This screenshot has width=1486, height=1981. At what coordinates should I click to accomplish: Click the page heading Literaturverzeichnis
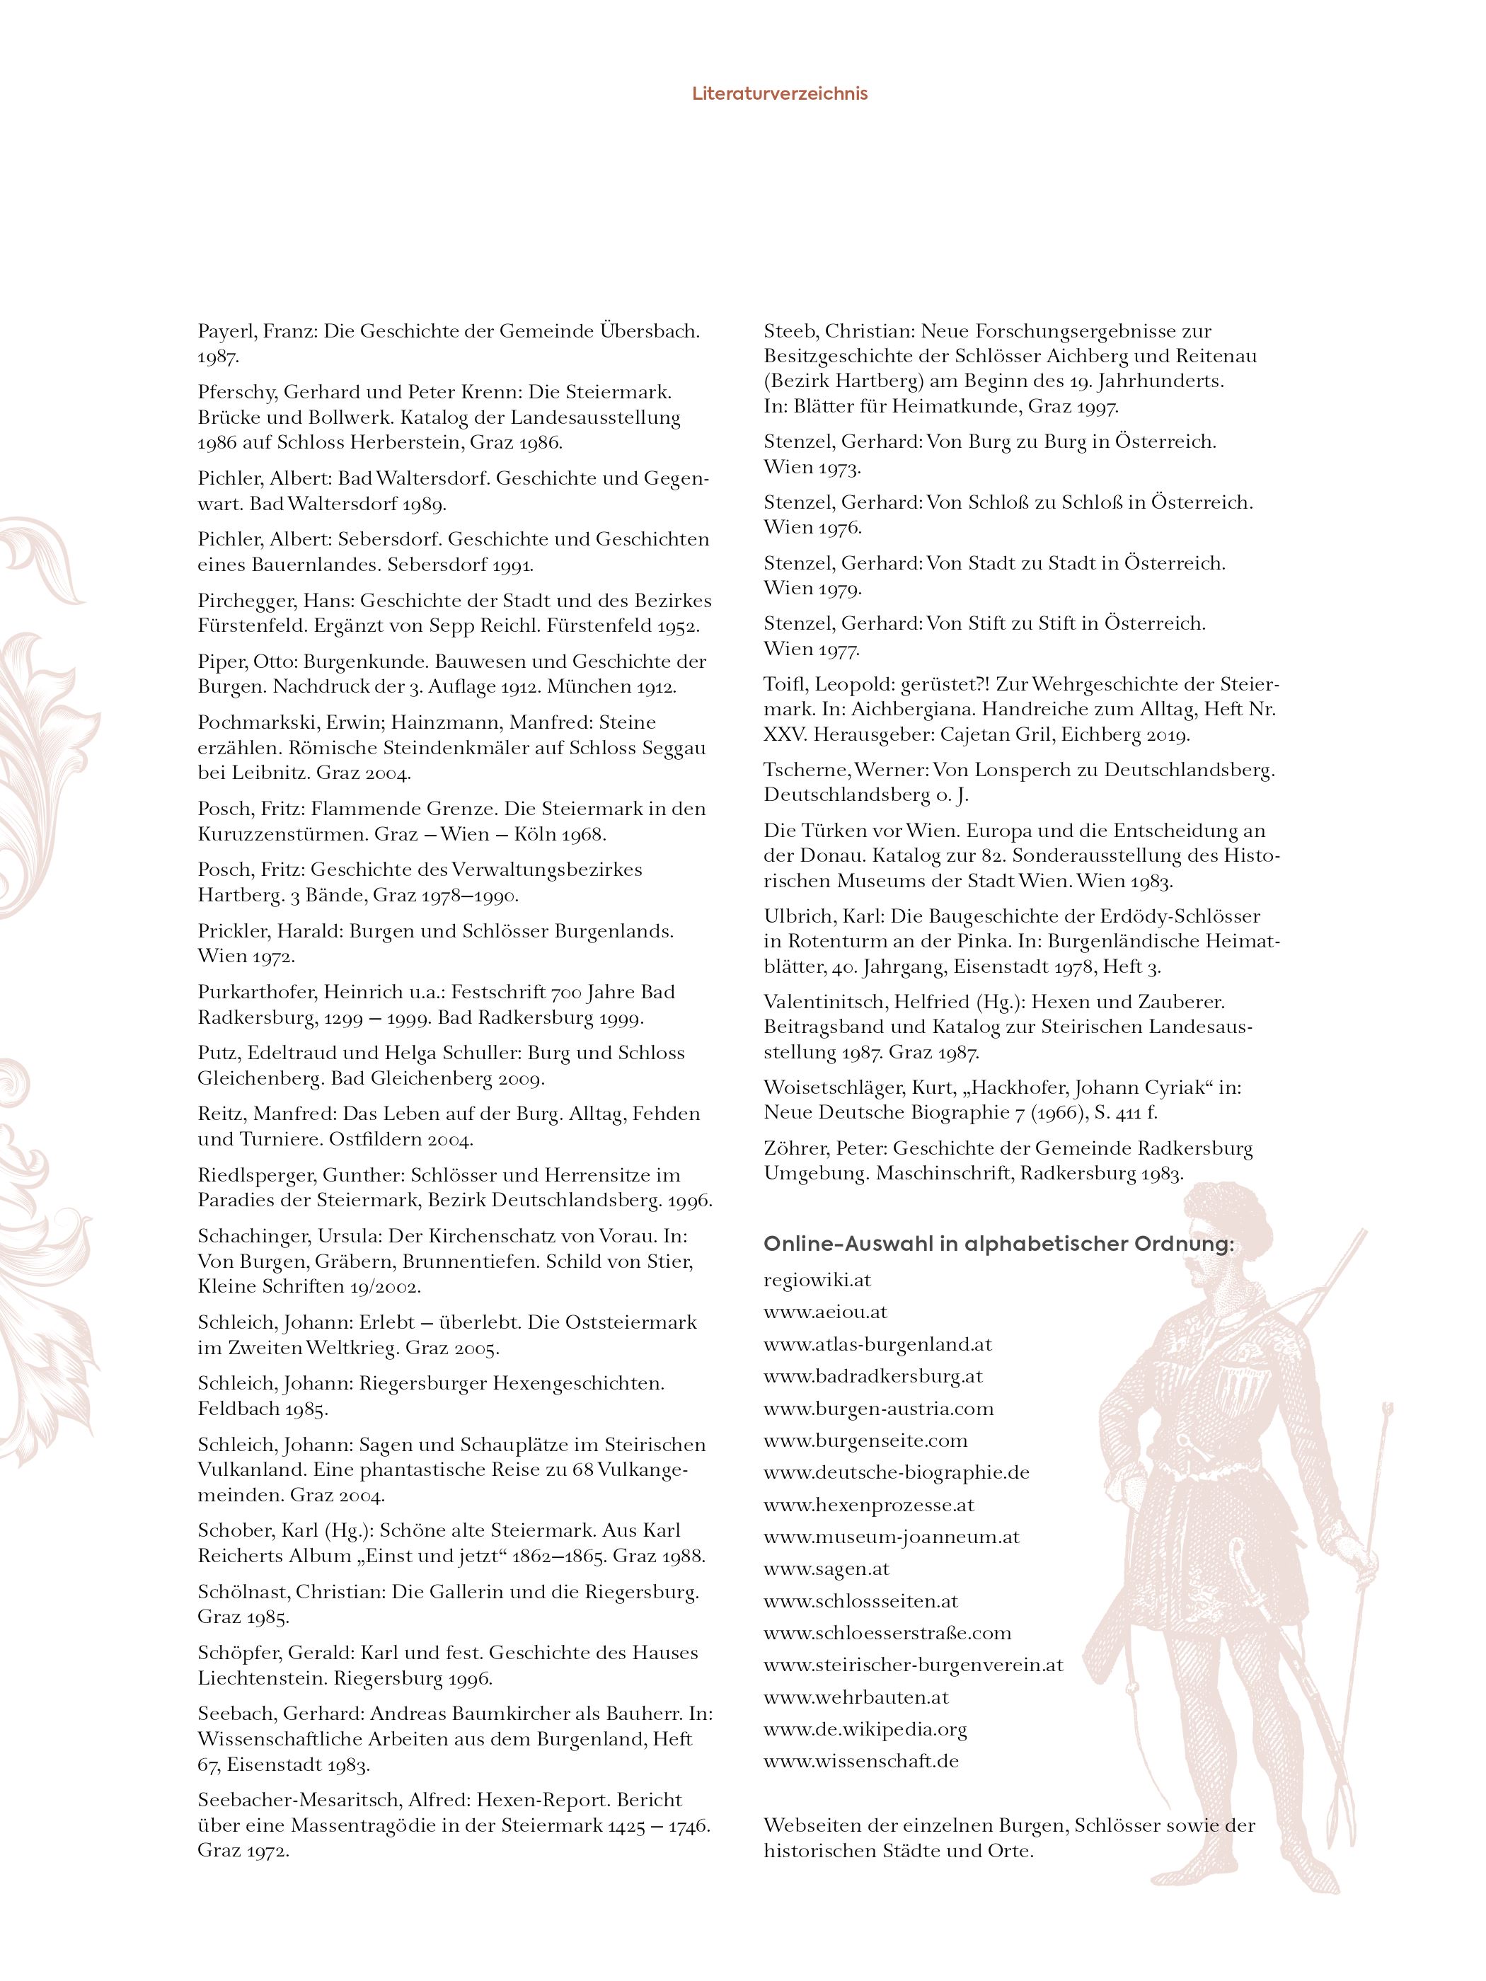[x=779, y=93]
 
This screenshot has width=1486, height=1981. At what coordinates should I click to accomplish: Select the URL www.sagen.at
[x=826, y=1568]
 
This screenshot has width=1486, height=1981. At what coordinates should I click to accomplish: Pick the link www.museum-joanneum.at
[x=891, y=1537]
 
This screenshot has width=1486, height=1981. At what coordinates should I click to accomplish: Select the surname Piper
[x=220, y=662]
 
